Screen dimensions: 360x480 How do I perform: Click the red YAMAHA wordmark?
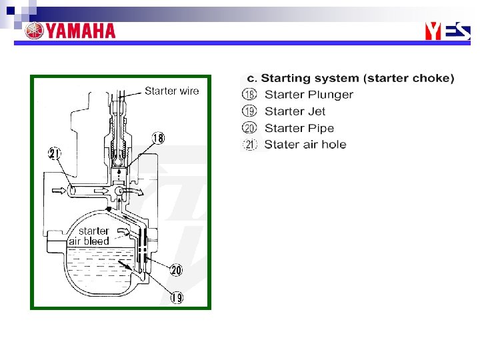tap(80, 31)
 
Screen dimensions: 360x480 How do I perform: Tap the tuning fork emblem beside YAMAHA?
tap(34, 31)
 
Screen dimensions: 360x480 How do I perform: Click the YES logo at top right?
tap(447, 31)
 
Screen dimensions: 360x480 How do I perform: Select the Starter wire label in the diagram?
tap(171, 91)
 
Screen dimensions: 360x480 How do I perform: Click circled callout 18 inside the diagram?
tap(158, 138)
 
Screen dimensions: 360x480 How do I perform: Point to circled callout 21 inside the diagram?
tap(55, 154)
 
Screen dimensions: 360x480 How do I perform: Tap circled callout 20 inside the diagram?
tap(176, 270)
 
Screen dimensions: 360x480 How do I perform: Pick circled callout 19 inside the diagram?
tap(176, 297)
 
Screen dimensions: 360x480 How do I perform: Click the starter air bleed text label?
tap(89, 236)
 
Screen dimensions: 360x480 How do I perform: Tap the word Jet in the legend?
tap(317, 111)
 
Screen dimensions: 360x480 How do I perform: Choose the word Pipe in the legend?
tap(321, 128)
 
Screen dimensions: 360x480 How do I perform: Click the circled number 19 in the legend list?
tap(249, 111)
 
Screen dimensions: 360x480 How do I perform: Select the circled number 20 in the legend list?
tap(249, 128)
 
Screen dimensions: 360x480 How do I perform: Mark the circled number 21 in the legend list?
tap(249, 145)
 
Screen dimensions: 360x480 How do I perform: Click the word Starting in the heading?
tap(286, 79)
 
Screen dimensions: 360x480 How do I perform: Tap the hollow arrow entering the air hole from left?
tap(57, 191)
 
